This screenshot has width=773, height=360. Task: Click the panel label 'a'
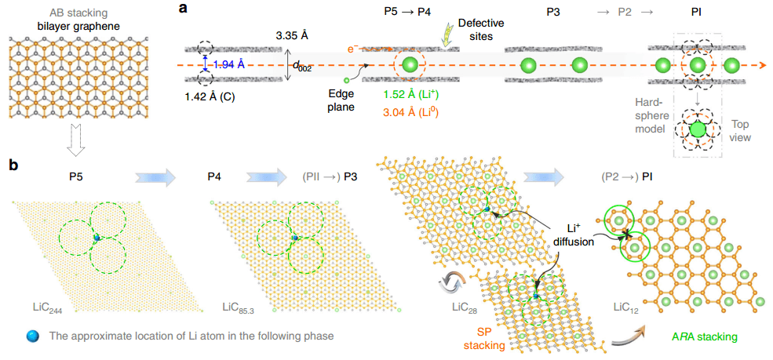[182, 9]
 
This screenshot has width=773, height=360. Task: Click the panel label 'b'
[13, 166]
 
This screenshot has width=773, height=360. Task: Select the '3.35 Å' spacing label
[294, 36]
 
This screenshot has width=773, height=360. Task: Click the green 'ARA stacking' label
[701, 336]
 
